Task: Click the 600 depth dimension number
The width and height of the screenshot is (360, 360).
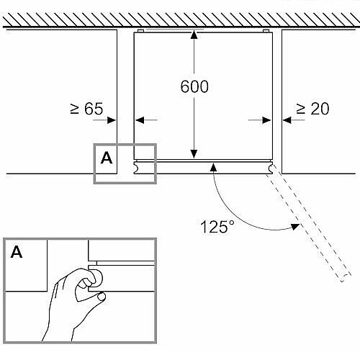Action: (194, 86)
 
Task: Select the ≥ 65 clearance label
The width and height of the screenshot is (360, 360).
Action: (86, 109)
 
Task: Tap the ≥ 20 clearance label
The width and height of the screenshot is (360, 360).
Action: (312, 109)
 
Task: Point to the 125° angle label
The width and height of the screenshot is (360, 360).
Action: (217, 227)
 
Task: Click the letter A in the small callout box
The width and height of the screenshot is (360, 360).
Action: (107, 158)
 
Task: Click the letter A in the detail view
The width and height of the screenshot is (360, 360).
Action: (17, 252)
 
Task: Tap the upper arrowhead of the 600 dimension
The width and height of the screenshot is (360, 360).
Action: (194, 34)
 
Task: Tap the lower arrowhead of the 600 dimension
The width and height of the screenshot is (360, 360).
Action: (194, 154)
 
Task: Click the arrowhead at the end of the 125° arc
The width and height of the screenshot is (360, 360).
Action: (295, 226)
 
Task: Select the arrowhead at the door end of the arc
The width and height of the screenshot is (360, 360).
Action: (213, 167)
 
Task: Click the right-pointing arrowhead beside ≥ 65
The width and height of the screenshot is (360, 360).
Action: (112, 120)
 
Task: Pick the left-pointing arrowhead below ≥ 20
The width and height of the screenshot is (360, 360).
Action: (287, 120)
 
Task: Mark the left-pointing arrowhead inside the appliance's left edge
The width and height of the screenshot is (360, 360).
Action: (140, 120)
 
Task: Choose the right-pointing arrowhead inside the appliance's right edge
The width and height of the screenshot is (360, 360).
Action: (266, 120)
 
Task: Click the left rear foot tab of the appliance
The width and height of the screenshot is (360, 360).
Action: (141, 31)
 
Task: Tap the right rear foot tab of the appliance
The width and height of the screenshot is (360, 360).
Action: (266, 31)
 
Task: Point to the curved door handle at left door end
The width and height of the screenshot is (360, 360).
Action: (136, 167)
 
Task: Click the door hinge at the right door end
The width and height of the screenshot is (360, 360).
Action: (270, 167)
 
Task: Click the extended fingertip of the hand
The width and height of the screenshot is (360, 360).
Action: (102, 297)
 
